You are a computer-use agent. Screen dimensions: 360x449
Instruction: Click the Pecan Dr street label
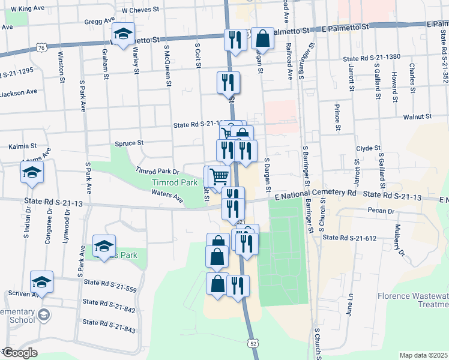tap(382, 211)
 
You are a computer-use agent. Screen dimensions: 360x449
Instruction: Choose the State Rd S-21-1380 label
tap(372, 58)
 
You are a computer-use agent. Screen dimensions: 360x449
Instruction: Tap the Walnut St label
tap(418, 117)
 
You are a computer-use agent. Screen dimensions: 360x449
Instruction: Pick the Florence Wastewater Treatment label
tap(413, 300)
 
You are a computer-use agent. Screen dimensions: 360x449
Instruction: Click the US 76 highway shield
tap(41, 47)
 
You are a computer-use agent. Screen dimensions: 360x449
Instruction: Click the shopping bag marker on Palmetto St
tap(262, 38)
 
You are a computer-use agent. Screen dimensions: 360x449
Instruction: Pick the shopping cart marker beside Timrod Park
tap(220, 175)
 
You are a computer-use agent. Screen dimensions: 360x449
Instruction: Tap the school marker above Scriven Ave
tap(42, 281)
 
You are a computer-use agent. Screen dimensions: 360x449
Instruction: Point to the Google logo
tap(19, 353)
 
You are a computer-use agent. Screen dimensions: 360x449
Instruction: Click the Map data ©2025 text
tap(423, 355)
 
